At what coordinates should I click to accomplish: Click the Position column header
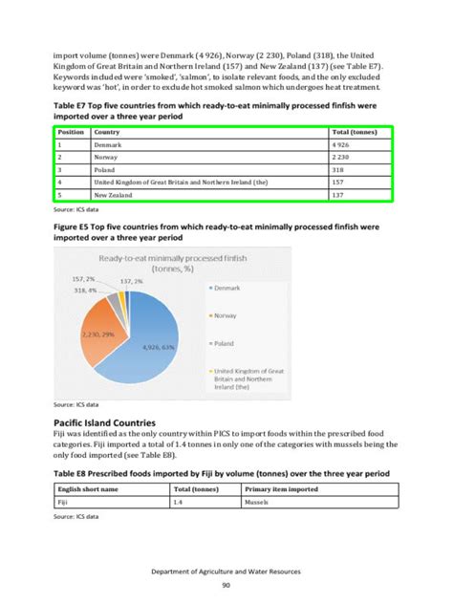(x=71, y=131)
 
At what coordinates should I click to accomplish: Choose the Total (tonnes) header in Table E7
(x=355, y=131)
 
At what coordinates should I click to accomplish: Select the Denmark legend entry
(x=226, y=286)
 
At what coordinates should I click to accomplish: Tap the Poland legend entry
(x=224, y=341)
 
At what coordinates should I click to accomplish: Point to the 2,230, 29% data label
(x=97, y=335)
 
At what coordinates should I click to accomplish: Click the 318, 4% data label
(x=85, y=290)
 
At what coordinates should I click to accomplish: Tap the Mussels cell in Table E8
(x=256, y=501)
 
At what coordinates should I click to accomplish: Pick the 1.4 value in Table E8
(x=178, y=501)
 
